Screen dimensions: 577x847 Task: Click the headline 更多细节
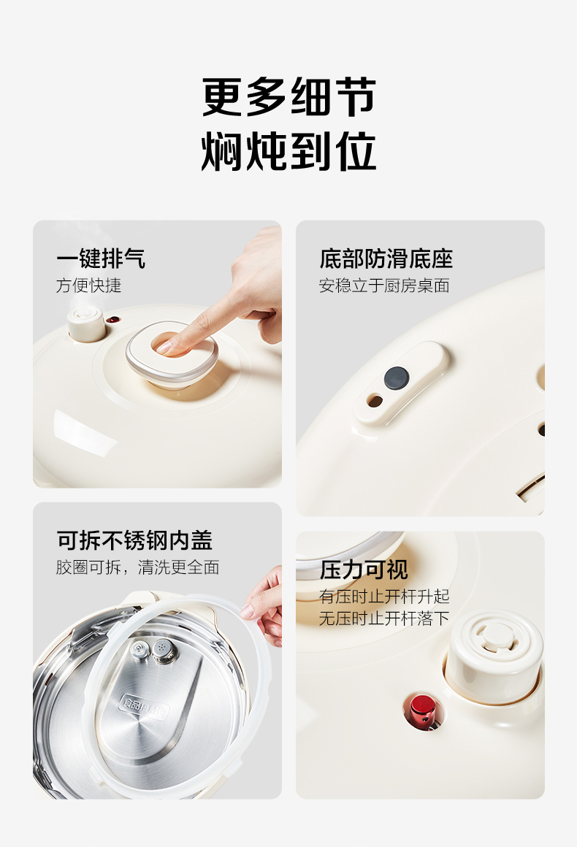tap(289, 96)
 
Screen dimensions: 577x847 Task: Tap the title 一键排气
tap(101, 258)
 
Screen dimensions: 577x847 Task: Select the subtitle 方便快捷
tap(88, 285)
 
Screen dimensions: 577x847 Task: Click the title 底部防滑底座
tap(386, 258)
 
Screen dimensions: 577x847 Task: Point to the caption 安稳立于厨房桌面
tap(384, 285)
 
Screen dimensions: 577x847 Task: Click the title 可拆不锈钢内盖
tap(134, 540)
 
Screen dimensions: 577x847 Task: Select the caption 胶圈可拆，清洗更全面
tap(138, 567)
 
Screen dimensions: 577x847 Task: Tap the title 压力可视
tap(364, 570)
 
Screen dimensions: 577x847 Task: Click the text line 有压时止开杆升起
tap(384, 597)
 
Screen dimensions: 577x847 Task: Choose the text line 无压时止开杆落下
tap(384, 618)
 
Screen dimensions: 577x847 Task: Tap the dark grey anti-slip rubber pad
tap(397, 378)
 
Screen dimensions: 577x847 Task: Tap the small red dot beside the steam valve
tap(112, 319)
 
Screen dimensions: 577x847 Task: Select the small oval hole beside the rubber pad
tap(375, 402)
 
